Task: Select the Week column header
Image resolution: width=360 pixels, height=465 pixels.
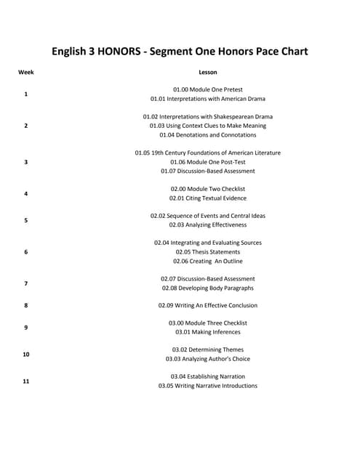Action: coord(26,73)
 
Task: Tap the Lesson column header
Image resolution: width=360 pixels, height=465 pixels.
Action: coord(208,73)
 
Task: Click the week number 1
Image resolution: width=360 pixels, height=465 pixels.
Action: coord(26,94)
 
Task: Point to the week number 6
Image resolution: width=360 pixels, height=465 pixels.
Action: coord(26,252)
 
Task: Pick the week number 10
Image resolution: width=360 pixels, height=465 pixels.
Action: coord(26,354)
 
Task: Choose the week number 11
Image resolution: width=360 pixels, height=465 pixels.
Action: coord(26,381)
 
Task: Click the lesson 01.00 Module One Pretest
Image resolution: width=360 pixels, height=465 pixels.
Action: coord(208,89)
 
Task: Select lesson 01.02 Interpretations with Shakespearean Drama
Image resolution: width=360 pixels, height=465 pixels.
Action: coord(208,116)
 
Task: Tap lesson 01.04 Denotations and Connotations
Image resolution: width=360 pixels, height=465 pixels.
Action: coord(208,135)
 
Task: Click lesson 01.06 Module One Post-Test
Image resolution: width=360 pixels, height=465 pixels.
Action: coord(208,162)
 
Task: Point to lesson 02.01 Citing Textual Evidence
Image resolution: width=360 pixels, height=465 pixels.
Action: coord(208,198)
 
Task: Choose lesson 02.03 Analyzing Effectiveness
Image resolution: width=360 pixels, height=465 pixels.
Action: coord(208,225)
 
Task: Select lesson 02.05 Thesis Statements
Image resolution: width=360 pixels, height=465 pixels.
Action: coord(208,252)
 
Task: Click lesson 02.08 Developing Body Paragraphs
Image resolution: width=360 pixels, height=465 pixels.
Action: coord(208,288)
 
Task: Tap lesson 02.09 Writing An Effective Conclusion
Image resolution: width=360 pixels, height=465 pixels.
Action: coord(208,306)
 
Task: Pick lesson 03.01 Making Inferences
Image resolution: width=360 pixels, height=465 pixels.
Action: coord(208,332)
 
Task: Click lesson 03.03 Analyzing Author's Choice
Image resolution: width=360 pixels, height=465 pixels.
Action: coord(208,359)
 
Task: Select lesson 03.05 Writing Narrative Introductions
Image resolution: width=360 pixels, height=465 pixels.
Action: coord(208,386)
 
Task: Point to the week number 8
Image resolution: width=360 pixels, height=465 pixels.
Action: coord(26,306)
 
